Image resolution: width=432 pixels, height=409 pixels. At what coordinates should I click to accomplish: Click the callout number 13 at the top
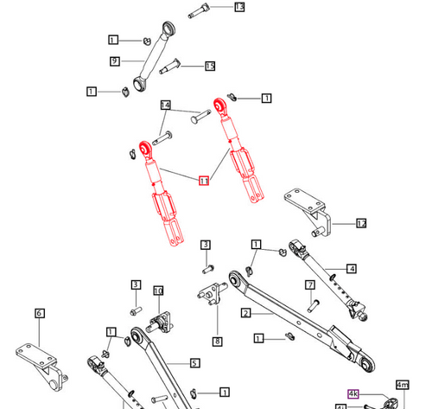[x=239, y=7]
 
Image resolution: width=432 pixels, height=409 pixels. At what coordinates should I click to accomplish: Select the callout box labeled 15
[x=210, y=66]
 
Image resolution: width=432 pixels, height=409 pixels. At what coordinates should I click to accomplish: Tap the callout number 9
[x=114, y=61]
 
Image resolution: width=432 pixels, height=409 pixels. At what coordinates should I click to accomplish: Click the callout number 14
[x=166, y=105]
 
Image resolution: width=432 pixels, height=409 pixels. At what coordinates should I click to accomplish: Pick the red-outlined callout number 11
[x=204, y=181]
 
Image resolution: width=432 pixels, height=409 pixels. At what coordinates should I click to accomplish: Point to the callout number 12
[x=361, y=223]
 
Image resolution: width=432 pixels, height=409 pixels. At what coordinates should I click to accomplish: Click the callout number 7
[x=308, y=284]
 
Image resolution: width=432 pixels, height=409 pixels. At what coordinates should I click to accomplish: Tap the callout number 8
[x=217, y=342]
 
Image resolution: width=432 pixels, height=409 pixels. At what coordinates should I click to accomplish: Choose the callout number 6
[x=40, y=313]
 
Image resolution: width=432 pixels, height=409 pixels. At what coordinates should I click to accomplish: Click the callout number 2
[x=245, y=312]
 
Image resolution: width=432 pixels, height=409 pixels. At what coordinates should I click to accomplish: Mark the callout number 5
[x=194, y=363]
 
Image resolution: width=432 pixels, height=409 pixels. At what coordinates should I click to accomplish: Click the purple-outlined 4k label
[x=353, y=393]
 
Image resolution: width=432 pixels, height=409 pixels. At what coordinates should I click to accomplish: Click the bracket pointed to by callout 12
[x=308, y=206]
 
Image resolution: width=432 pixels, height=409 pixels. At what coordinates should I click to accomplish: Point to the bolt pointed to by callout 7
[x=313, y=304]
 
